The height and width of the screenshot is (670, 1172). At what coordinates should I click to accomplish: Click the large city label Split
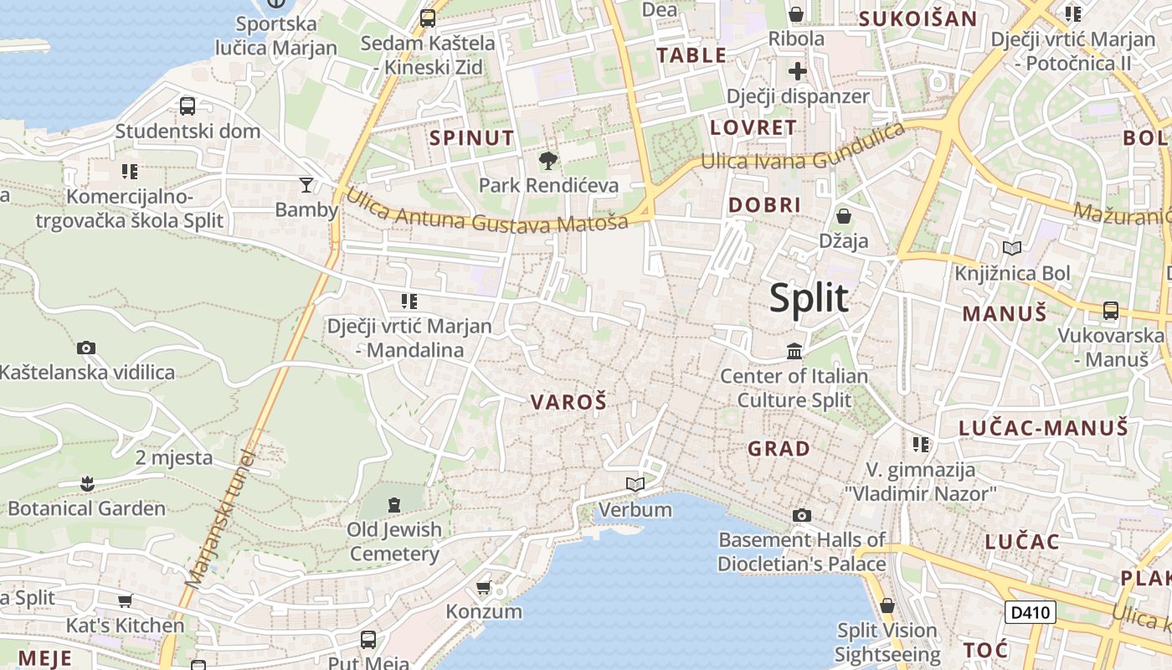(809, 298)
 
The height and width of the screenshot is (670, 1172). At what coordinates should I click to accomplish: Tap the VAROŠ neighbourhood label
(568, 402)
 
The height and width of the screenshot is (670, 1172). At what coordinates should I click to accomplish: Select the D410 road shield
(1030, 612)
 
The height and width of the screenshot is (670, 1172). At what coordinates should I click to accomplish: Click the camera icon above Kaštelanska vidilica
(85, 348)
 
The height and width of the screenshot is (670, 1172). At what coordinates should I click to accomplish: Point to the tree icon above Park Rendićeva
(548, 160)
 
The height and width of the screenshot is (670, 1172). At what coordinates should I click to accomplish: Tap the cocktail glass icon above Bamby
(306, 184)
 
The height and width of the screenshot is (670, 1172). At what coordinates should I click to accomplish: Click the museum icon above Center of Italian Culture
(794, 351)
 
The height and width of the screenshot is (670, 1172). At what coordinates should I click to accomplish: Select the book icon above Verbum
(635, 484)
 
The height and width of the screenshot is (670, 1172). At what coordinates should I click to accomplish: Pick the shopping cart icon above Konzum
(483, 587)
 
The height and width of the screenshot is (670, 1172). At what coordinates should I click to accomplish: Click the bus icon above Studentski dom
(188, 106)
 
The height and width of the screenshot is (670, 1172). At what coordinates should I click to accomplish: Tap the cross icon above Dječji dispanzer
(797, 70)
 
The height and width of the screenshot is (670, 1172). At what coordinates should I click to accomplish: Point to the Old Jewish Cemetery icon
(394, 504)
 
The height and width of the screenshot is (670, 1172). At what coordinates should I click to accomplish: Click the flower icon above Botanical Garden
(86, 483)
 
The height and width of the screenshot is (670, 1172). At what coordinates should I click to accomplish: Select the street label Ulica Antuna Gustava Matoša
(486, 212)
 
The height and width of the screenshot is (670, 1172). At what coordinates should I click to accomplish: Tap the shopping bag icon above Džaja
(844, 216)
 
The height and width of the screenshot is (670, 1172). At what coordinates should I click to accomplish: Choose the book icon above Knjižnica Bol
(1012, 248)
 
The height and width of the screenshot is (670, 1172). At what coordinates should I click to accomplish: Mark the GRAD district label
(779, 449)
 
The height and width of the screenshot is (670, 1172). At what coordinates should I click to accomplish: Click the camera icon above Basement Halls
(802, 515)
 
